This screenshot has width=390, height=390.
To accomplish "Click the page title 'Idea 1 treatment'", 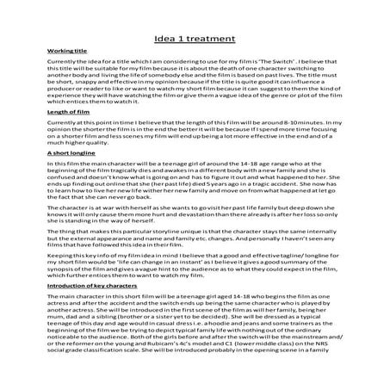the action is tap(195, 39).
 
